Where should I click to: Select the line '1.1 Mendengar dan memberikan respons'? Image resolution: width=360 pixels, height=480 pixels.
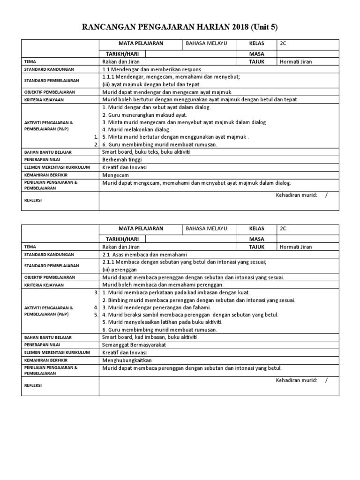tap(151, 69)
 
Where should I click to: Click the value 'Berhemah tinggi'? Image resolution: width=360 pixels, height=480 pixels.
tap(121, 159)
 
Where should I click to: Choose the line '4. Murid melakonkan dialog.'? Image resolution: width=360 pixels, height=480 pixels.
tap(136, 129)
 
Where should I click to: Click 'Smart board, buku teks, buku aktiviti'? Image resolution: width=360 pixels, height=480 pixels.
tap(146, 152)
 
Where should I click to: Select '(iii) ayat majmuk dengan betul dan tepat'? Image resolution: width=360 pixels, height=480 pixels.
tap(150, 84)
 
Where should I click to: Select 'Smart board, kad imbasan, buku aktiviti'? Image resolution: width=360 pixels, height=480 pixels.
tap(149, 337)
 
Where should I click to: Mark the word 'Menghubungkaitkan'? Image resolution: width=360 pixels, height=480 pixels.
tap(127, 360)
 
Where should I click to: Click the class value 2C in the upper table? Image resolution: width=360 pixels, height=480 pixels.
tap(283, 44)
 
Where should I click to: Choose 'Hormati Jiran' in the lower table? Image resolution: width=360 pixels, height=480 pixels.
tap(296, 247)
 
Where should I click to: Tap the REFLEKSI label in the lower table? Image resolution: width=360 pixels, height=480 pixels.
tap(32, 385)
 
